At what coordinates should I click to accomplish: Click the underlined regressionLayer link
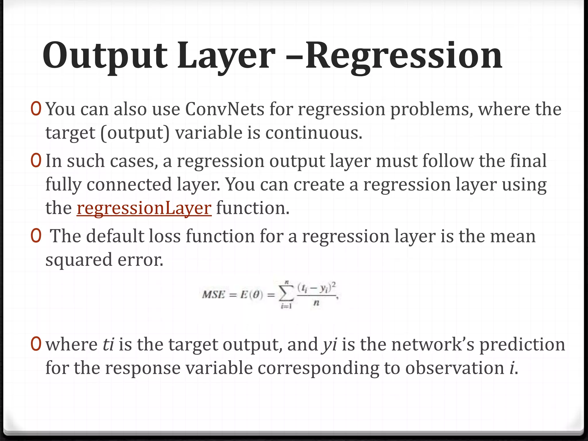coord(144,208)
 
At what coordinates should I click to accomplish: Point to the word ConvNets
coord(225,109)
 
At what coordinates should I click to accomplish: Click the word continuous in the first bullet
coord(314,133)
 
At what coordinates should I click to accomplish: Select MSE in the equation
coord(213,295)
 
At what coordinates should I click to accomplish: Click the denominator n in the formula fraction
coord(316,303)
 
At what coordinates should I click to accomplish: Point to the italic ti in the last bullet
coord(109,344)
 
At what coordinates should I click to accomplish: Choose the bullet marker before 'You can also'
coord(36,109)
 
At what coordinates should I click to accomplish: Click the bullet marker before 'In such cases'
coord(36,161)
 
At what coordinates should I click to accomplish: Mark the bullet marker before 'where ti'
coord(36,344)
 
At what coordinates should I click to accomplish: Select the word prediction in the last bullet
coord(522,344)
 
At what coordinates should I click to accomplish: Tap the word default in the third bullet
coord(115,236)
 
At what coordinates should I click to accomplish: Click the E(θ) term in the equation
coord(252,295)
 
